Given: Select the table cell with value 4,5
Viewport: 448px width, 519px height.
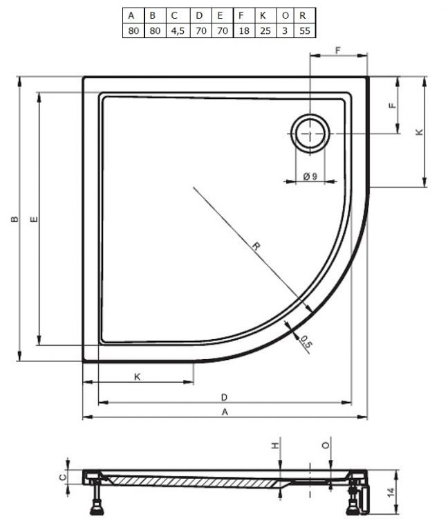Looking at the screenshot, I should point(175,31).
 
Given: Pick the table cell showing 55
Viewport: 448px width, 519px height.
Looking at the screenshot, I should point(304,31).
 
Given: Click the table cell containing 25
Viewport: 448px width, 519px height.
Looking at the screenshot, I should point(263,31).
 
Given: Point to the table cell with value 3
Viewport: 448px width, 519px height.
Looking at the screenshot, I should point(284,31).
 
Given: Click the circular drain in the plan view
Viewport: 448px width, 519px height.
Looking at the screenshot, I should point(310,133).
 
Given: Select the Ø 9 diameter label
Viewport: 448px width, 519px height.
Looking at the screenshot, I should point(310,177).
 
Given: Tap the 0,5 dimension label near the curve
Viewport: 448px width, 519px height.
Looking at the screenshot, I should point(305,340).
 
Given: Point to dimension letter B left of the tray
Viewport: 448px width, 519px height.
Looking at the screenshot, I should point(15,220).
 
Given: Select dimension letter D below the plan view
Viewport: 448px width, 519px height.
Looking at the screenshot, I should point(224,397).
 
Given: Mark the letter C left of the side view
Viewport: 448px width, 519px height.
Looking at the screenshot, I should point(61,477).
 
